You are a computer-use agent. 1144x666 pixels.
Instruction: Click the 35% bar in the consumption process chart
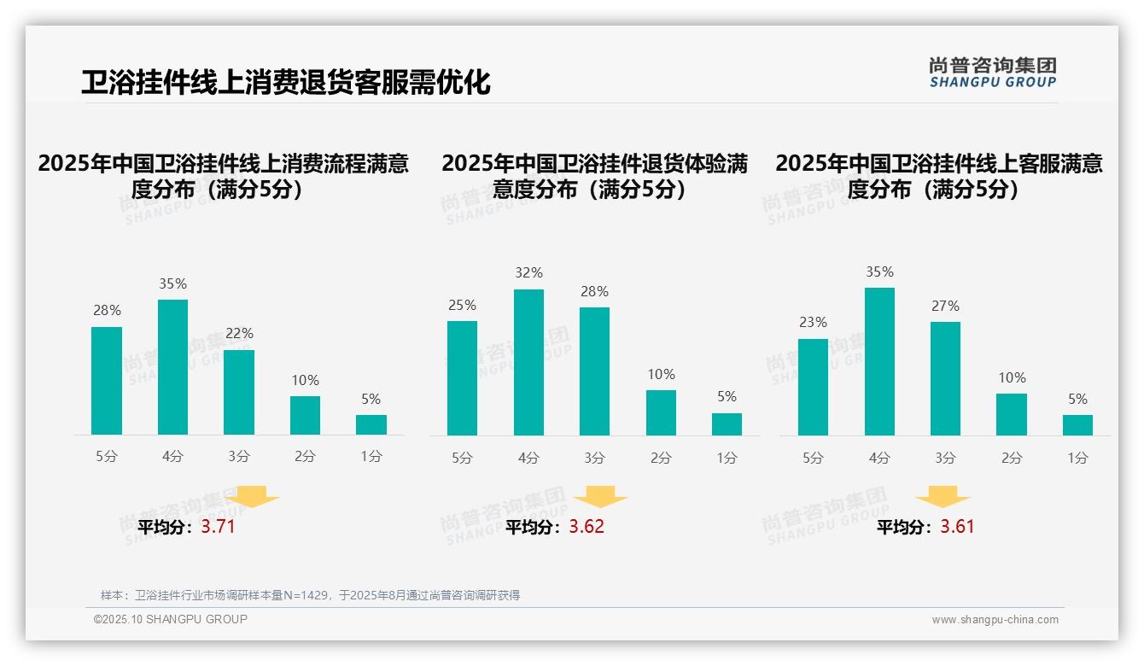(172, 367)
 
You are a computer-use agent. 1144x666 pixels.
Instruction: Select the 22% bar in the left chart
(239, 392)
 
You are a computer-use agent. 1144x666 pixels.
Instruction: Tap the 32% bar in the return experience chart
(528, 362)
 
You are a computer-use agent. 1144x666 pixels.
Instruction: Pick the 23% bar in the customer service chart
(813, 387)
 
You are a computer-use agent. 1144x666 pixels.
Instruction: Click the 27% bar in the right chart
(945, 378)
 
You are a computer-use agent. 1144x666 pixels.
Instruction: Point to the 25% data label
(462, 306)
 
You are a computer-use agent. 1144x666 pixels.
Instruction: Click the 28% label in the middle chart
(594, 292)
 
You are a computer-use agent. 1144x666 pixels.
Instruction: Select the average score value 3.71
(218, 527)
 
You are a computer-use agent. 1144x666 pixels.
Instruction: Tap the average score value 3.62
(587, 527)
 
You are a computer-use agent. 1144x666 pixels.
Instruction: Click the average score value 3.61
(957, 527)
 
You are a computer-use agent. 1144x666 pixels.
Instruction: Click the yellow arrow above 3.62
(600, 496)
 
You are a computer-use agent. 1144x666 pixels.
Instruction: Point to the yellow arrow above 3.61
(943, 496)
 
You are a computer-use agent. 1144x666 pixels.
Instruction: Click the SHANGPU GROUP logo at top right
(992, 73)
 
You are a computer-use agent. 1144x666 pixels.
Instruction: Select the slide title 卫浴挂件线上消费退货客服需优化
(286, 83)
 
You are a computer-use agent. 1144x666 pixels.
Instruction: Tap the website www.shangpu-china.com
(995, 620)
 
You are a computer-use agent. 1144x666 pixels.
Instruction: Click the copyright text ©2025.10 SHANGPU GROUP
(171, 619)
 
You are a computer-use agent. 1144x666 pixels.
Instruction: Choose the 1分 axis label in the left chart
(371, 457)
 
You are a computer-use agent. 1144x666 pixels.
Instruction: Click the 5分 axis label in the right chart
(813, 459)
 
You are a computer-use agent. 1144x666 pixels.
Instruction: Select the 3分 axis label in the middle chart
(594, 459)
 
